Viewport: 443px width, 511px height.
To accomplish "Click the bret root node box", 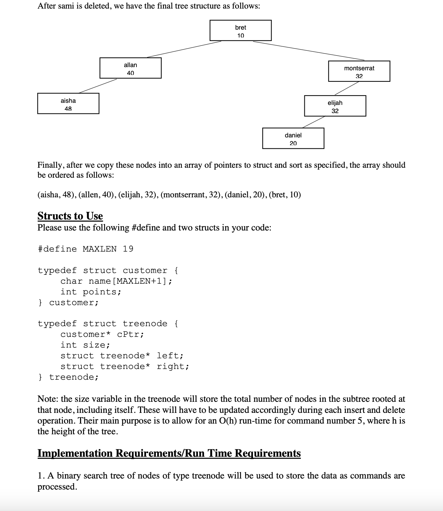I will point(240,31).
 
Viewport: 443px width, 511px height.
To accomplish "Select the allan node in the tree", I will point(130,68).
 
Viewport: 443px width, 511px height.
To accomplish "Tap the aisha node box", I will point(68,104).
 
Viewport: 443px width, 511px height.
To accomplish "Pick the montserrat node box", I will point(359,71).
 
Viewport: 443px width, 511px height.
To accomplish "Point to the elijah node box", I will point(335,106).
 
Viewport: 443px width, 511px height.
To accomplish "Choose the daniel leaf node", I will point(293,138).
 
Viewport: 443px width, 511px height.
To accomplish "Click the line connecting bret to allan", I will point(184,49).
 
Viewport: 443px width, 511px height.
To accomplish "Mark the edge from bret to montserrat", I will point(309,51).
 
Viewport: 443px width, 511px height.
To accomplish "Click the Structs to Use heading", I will point(70,216).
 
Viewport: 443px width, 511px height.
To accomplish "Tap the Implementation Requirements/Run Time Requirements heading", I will point(169,453).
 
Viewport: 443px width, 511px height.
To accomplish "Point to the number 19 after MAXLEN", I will point(128,249).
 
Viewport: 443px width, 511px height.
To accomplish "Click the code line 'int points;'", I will point(91,292).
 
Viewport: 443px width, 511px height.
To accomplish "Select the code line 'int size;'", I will point(85,345).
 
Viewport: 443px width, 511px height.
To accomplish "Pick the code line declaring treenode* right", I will point(125,366).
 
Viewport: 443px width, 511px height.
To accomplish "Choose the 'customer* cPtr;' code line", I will point(102,334).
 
